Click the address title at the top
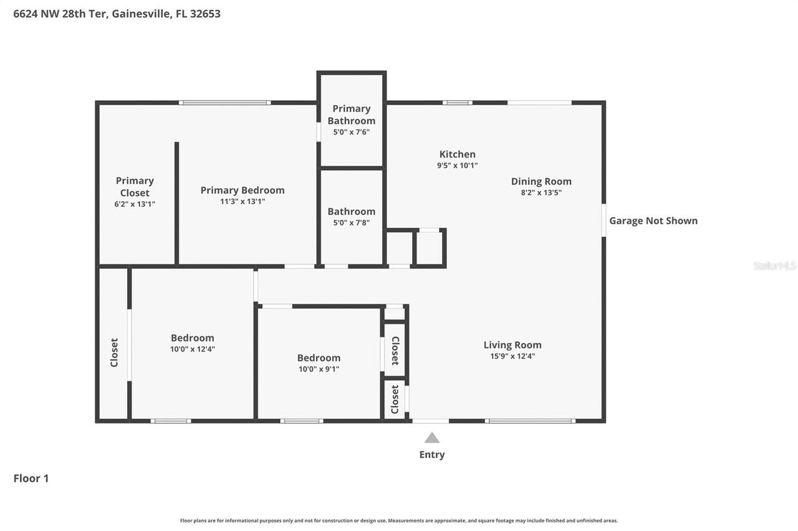point(117,14)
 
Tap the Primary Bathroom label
point(352,115)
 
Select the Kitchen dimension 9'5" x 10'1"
point(457,166)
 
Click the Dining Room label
point(541,181)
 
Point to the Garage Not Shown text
point(653,220)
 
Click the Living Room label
point(512,345)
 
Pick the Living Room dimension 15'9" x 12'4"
point(512,357)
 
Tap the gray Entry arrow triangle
point(432,438)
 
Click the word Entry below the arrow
point(432,454)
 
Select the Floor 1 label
point(31,478)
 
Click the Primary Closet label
point(135,186)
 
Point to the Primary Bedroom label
point(243,190)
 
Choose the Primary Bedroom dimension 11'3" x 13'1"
point(243,201)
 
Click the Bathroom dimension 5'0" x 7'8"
point(352,222)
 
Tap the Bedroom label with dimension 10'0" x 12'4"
point(193,338)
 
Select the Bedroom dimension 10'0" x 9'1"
point(319,369)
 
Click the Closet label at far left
point(114,352)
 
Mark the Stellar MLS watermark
point(774,266)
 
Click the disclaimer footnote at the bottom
point(399,520)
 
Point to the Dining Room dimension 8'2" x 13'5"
point(541,193)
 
